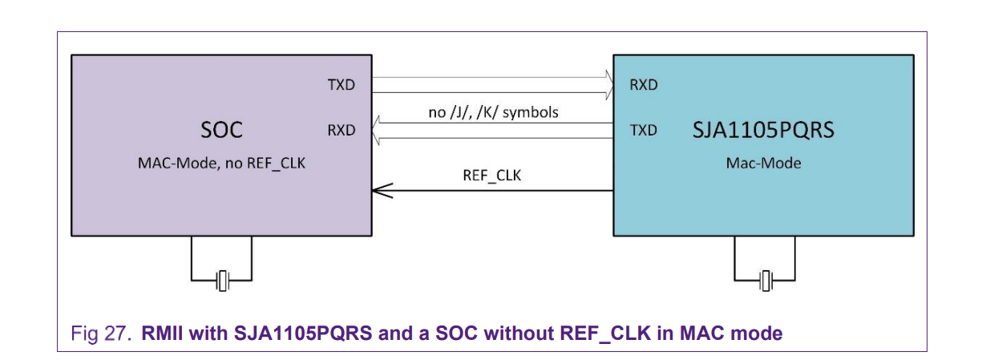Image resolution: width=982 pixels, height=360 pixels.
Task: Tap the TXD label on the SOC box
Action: tap(341, 85)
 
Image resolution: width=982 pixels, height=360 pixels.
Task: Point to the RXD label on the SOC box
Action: tap(341, 130)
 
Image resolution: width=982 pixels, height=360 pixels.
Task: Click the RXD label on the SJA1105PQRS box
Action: tap(644, 85)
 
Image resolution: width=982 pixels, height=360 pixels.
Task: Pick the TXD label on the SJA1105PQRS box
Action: tap(644, 130)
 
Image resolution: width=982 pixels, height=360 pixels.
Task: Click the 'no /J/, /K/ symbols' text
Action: tap(493, 112)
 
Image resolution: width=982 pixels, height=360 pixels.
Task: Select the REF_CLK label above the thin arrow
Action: tap(492, 175)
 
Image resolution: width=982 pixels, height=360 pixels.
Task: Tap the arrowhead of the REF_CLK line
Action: tap(379, 190)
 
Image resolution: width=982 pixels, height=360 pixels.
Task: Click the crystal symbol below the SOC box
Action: tap(221, 281)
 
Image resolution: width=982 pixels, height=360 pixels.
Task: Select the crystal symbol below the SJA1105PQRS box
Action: tap(766, 281)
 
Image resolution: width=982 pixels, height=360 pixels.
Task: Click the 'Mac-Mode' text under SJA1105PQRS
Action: tap(763, 164)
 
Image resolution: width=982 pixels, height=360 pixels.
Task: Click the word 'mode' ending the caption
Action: tap(761, 333)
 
